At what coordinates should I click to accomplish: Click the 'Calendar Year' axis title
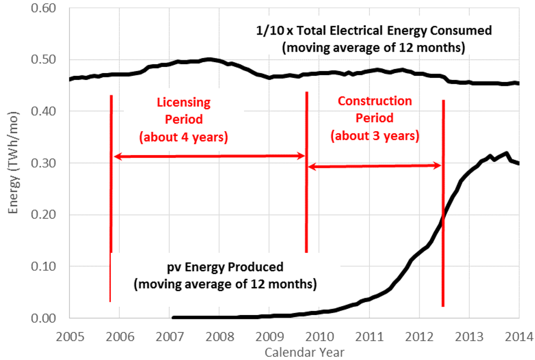305,352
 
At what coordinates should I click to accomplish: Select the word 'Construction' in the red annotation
375,101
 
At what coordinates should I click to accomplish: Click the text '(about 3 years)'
375,136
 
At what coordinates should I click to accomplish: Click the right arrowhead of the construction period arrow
438,166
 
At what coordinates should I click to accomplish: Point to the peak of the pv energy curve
506,153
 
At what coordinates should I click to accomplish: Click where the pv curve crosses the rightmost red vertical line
443,217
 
